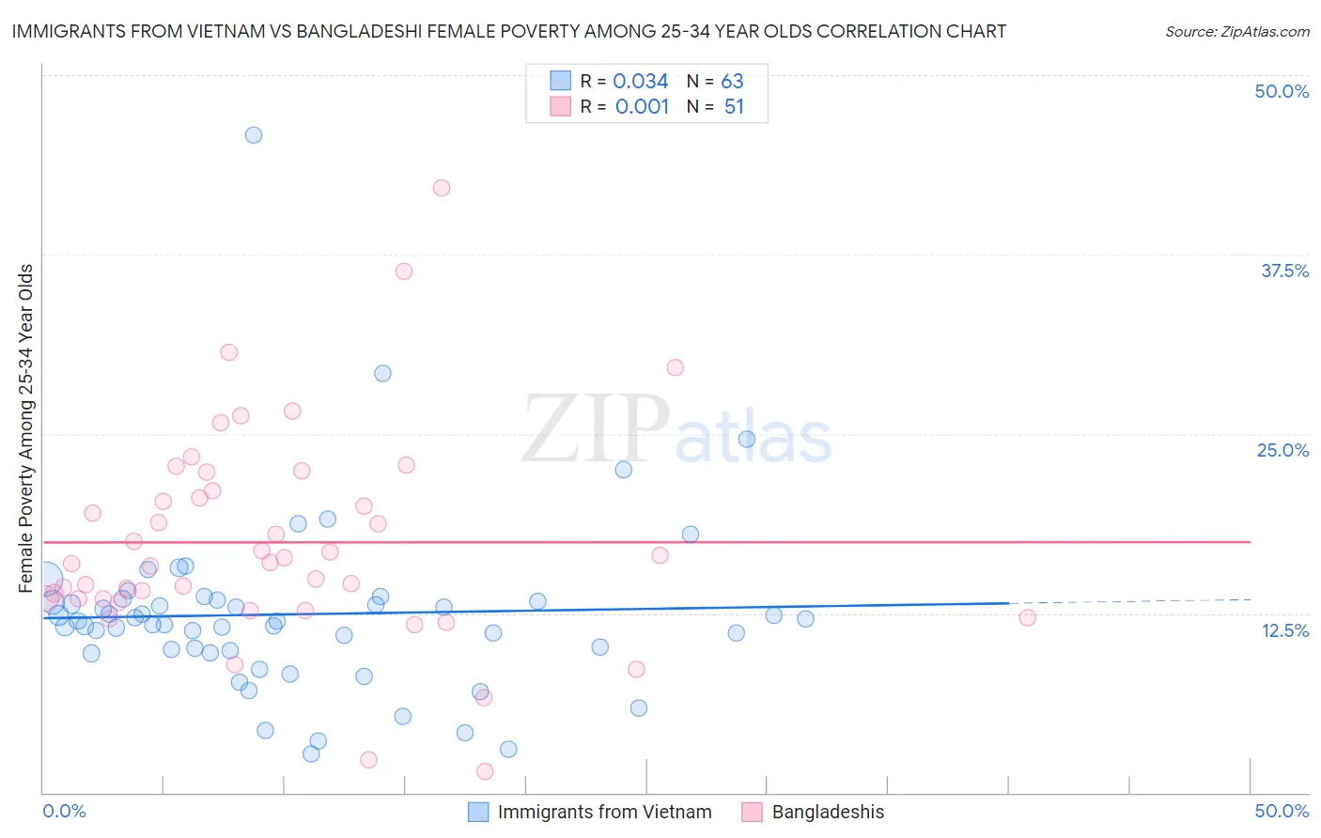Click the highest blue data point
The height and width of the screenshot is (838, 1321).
pyautogui.click(x=254, y=135)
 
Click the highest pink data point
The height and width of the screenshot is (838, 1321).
pyautogui.click(x=442, y=188)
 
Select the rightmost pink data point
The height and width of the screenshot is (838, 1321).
pyautogui.click(x=1027, y=617)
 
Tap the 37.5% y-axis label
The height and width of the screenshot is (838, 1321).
pyautogui.click(x=1284, y=271)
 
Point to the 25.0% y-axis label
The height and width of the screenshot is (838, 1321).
pyautogui.click(x=1282, y=450)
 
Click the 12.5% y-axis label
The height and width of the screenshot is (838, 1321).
pyautogui.click(x=1284, y=630)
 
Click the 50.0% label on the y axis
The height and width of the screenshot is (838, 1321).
pyautogui.click(x=1282, y=91)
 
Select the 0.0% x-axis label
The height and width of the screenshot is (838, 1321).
pyautogui.click(x=64, y=811)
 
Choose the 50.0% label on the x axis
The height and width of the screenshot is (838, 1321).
pyautogui.click(x=1282, y=811)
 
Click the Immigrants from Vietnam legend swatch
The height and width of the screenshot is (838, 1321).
pyautogui.click(x=478, y=812)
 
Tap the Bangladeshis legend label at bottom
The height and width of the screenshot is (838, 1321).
pyautogui.click(x=828, y=812)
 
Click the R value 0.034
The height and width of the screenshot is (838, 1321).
pyautogui.click(x=640, y=82)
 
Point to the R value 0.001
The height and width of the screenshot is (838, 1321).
pyautogui.click(x=642, y=107)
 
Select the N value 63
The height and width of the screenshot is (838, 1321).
pyautogui.click(x=732, y=82)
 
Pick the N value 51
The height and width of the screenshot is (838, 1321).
pyautogui.click(x=734, y=107)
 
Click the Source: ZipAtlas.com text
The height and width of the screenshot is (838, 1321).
pyautogui.click(x=1236, y=32)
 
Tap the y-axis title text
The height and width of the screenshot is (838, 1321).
pyautogui.click(x=26, y=428)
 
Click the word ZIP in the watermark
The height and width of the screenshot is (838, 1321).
pyautogui.click(x=596, y=430)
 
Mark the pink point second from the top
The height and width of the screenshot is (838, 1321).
pyautogui.click(x=404, y=272)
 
